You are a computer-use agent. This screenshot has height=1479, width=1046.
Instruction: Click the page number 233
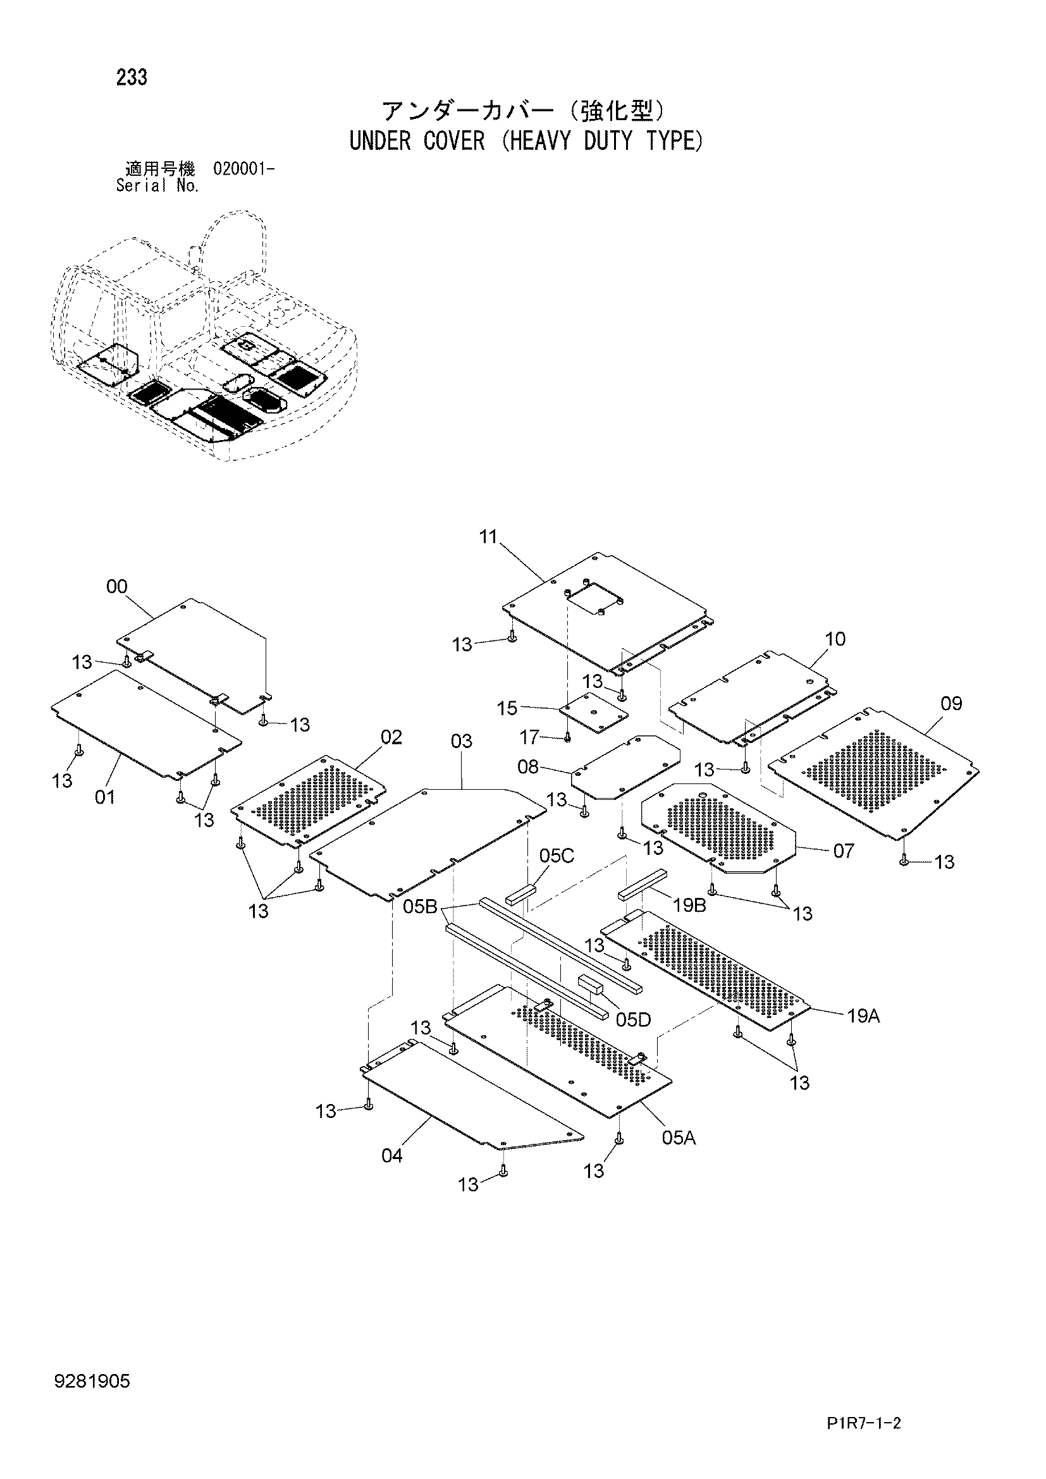132,78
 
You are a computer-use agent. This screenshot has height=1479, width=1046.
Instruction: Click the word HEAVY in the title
536,141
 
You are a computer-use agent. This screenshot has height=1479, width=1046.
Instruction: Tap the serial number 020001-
243,169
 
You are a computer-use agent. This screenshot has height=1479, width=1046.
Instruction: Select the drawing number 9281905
92,1380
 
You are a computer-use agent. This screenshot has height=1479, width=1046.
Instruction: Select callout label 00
116,586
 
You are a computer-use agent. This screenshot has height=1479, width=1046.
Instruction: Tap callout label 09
951,703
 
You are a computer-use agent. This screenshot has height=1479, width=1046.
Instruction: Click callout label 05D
633,1019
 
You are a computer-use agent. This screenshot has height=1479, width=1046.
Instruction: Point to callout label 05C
557,856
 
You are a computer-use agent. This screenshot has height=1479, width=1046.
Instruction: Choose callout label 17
529,737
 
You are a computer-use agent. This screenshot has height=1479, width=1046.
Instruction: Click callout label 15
507,709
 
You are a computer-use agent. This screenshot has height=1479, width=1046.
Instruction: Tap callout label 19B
690,905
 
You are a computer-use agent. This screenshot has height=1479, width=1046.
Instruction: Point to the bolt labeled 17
567,737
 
